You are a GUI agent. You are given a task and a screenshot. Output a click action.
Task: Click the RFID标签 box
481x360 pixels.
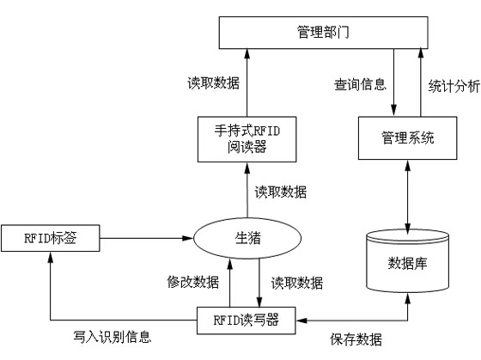(x=51, y=237)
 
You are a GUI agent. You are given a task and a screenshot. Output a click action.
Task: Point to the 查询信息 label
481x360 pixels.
(x=359, y=85)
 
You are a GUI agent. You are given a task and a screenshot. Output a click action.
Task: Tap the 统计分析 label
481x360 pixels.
(x=453, y=85)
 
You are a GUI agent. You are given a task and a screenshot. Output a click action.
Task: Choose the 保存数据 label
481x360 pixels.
(x=356, y=338)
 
